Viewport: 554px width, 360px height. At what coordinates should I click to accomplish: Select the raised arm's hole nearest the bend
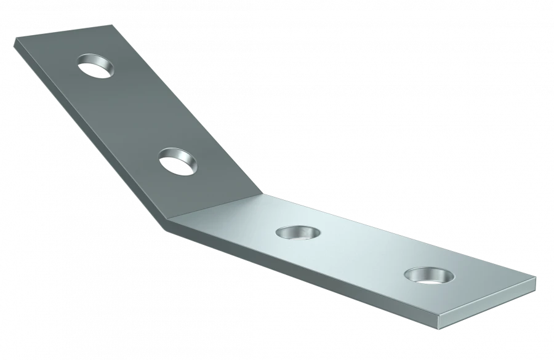(179, 162)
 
